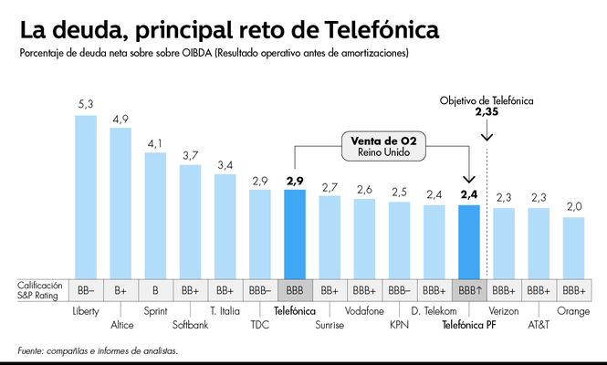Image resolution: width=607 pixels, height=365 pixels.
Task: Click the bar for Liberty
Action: tap(86, 197)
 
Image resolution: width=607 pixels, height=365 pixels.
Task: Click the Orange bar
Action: tap(573, 248)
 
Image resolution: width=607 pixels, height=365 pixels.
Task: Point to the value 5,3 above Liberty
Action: tap(86, 106)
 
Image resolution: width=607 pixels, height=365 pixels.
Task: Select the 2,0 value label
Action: tap(573, 207)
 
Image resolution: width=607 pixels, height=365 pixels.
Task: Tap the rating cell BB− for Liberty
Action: tap(86, 290)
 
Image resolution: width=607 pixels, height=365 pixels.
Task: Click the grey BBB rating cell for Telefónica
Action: tap(294, 290)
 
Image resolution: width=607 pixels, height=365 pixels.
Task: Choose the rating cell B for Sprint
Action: tap(155, 290)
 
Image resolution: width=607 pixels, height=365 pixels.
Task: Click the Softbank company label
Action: tap(190, 323)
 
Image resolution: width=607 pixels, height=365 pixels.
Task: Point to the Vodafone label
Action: tap(363, 310)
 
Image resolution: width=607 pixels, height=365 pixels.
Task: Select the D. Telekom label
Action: tap(433, 310)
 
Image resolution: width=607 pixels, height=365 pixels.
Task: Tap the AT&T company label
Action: tap(538, 323)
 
